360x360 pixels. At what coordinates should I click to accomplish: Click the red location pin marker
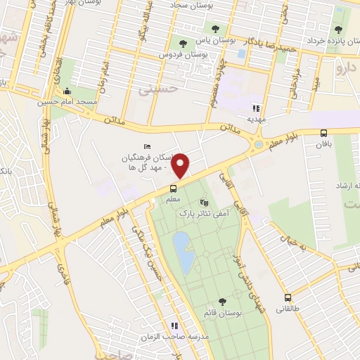[181, 165]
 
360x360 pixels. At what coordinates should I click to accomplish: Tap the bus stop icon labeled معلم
[172, 188]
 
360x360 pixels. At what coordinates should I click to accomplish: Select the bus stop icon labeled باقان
[323, 133]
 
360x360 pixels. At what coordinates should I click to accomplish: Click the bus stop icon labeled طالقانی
[288, 297]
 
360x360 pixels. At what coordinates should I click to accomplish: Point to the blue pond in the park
[184, 254]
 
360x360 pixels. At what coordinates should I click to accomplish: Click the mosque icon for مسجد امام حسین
[67, 91]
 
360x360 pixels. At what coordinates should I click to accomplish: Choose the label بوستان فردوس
[180, 54]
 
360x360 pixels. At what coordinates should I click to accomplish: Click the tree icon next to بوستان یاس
[192, 41]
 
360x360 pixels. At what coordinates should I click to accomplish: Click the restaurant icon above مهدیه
[257, 108]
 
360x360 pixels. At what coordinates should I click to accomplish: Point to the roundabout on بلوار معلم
[259, 145]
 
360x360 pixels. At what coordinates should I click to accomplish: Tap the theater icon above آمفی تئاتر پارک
[205, 202]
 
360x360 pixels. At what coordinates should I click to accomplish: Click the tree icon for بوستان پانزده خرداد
[338, 30]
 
